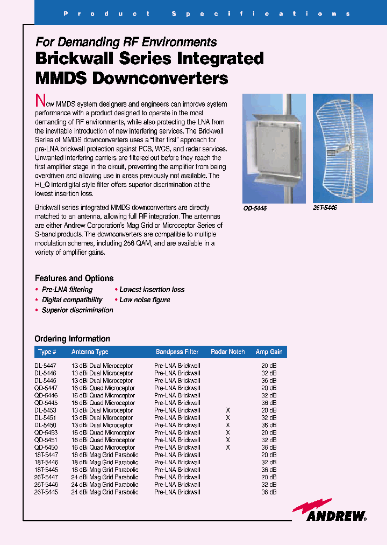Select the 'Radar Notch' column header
tap(227, 352)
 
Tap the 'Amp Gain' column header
tap(269, 352)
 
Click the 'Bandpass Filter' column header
tap(177, 352)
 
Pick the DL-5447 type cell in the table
tap(45, 366)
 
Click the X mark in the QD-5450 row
tap(228, 447)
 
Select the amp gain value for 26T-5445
tap(269, 492)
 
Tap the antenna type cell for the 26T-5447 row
tap(104, 477)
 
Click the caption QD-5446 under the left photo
tap(255, 208)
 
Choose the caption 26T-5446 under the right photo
tap(325, 207)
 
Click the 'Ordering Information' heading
tap(72, 339)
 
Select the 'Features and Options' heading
tap(74, 278)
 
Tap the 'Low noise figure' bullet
tap(145, 300)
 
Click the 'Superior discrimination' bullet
tap(77, 310)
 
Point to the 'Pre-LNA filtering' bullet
tap(67, 290)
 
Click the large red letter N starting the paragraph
tap(39, 101)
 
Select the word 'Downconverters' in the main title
tap(160, 78)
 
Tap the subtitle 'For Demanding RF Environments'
tap(126, 42)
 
